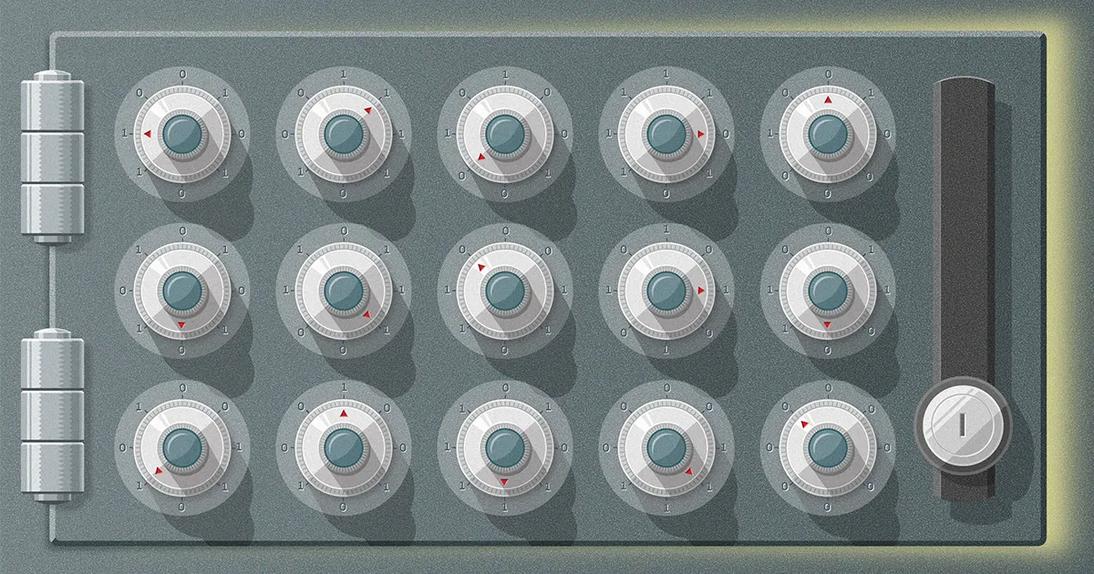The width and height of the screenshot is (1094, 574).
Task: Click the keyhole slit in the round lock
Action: [962, 425]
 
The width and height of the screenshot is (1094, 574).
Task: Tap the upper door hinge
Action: [52, 156]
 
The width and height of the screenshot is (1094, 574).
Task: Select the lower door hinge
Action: [52, 415]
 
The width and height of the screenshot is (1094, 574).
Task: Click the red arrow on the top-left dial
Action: [148, 134]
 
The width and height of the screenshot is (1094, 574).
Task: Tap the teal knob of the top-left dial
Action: [182, 134]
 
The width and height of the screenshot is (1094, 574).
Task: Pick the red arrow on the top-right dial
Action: [828, 100]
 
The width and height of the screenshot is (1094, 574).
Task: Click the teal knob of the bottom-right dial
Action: [828, 448]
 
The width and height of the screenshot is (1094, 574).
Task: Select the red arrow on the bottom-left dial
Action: [159, 470]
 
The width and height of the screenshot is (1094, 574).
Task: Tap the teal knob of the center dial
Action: [505, 292]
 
